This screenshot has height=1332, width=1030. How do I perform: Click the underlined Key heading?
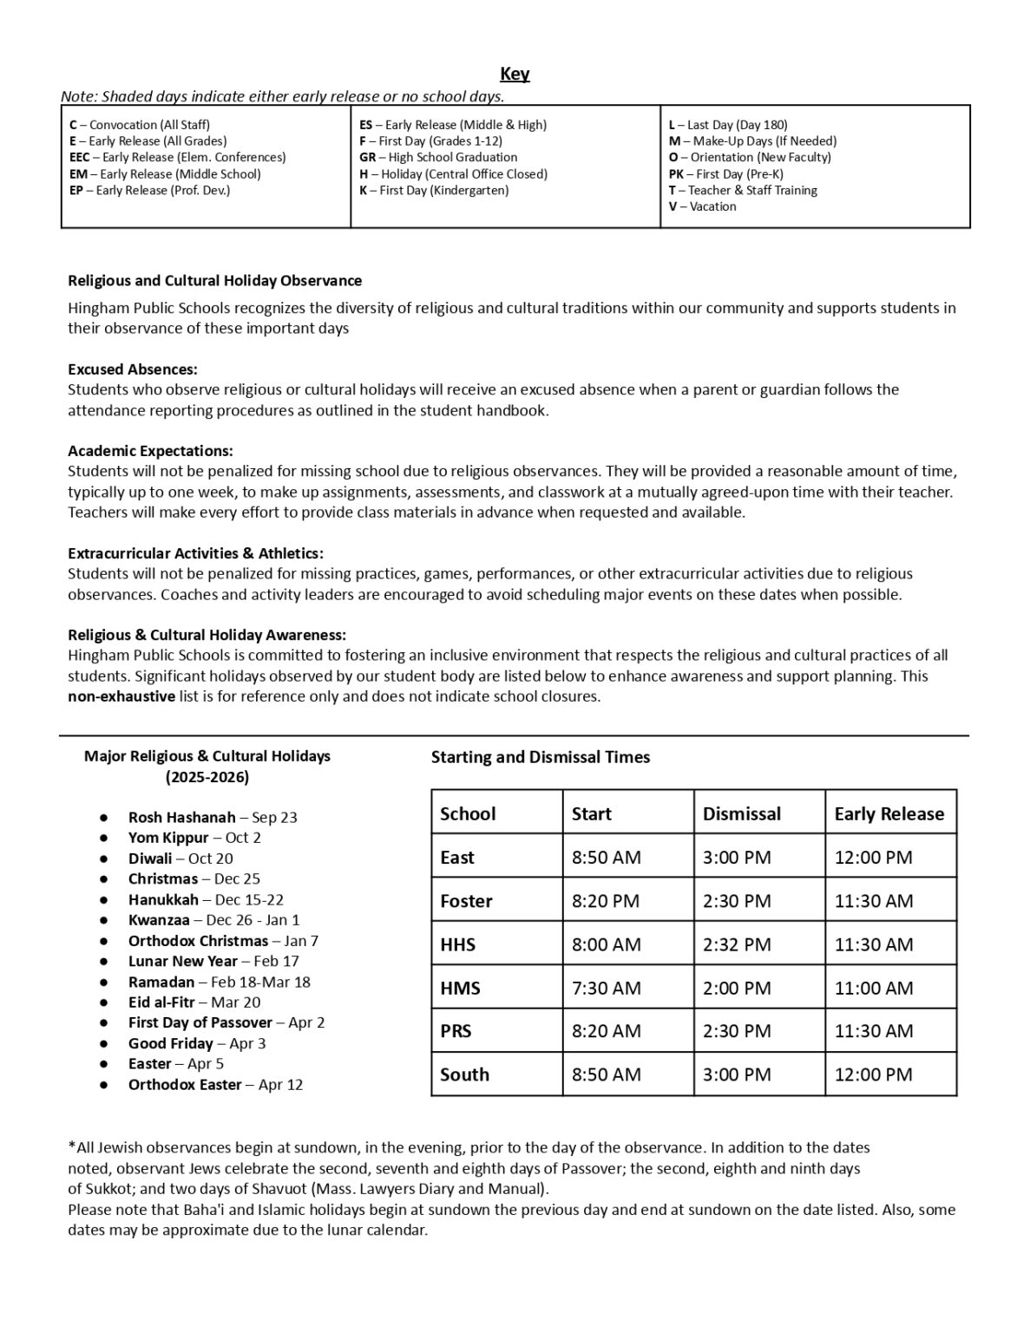pyautogui.click(x=515, y=74)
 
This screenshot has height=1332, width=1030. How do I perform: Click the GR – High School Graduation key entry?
pyautogui.click(x=438, y=157)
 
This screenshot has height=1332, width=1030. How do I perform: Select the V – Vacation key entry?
pyautogui.click(x=702, y=206)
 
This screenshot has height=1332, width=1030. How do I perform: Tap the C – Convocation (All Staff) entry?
pyautogui.click(x=140, y=125)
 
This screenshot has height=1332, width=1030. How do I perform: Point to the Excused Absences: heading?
pyautogui.click(x=133, y=369)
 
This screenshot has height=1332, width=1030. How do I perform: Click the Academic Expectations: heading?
pyautogui.click(x=150, y=451)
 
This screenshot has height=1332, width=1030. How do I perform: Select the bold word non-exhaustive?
pyautogui.click(x=121, y=696)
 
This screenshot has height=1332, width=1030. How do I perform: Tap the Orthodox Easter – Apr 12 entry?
pyautogui.click(x=215, y=1085)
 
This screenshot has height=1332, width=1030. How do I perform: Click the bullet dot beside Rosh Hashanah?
pyautogui.click(x=104, y=818)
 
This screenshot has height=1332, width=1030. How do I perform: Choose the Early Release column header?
pyautogui.click(x=889, y=814)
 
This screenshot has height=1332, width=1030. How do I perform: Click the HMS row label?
pyautogui.click(x=460, y=988)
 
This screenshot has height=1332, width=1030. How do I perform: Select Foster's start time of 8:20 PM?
pyautogui.click(x=606, y=901)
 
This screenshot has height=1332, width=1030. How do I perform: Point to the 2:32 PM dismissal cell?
pyautogui.click(x=737, y=944)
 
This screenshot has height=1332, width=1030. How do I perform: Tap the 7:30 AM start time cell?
pyautogui.click(x=606, y=988)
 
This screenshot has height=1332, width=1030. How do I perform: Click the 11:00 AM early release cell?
pyautogui.click(x=873, y=988)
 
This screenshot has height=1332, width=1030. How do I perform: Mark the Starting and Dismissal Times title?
pyautogui.click(x=541, y=757)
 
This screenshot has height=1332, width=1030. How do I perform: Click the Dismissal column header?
pyautogui.click(x=741, y=814)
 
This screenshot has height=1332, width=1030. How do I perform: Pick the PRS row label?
pyautogui.click(x=456, y=1031)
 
